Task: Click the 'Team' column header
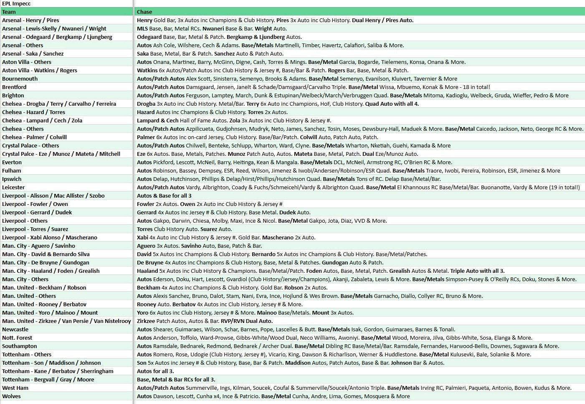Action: [9, 12]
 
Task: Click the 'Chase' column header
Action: [144, 12]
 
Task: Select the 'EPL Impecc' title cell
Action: [16, 3]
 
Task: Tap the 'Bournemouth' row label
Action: [20, 79]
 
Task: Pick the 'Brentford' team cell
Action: [14, 87]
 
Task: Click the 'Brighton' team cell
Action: [13, 95]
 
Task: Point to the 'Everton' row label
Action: [12, 162]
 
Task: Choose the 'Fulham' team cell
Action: [12, 170]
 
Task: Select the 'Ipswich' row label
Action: [12, 179]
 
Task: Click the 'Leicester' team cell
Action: [13, 187]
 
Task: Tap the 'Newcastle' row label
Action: [15, 329]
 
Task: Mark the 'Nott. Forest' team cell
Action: [17, 338]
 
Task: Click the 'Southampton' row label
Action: [20, 346]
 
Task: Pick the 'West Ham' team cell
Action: [15, 388]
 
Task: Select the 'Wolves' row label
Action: [11, 396]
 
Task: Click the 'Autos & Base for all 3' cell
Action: [164, 196]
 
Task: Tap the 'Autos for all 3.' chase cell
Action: [155, 371]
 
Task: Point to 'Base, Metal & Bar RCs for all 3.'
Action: [176, 379]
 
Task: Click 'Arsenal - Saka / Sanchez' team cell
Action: [33, 53]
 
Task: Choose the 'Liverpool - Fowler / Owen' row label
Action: [35, 204]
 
